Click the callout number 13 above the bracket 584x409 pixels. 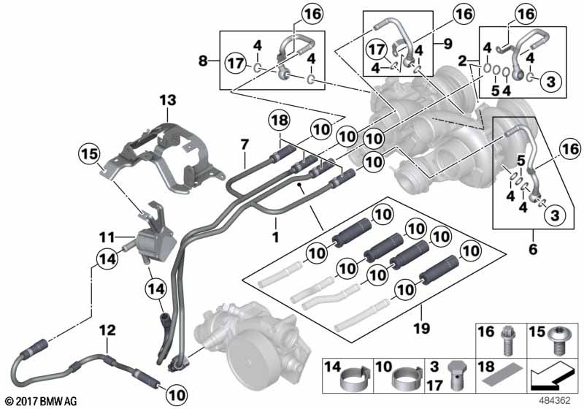pyautogui.click(x=168, y=100)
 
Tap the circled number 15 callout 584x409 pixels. pyautogui.click(x=90, y=154)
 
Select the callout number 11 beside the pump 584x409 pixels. pyautogui.click(x=107, y=236)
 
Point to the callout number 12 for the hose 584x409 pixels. pyautogui.click(x=107, y=330)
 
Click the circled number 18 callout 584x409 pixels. pyautogui.click(x=280, y=121)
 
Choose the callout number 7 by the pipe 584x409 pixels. pyautogui.click(x=245, y=144)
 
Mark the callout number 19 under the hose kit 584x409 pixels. pyautogui.click(x=421, y=328)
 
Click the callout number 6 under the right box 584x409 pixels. pyautogui.click(x=533, y=249)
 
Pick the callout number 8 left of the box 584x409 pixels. pyautogui.click(x=203, y=61)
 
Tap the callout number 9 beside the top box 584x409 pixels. pyautogui.click(x=447, y=44)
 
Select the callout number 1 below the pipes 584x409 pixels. pyautogui.click(x=276, y=237)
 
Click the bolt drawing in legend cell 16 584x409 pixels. pyautogui.click(x=507, y=340)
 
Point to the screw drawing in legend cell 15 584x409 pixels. pyautogui.click(x=556, y=340)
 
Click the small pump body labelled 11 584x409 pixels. pyautogui.click(x=155, y=243)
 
